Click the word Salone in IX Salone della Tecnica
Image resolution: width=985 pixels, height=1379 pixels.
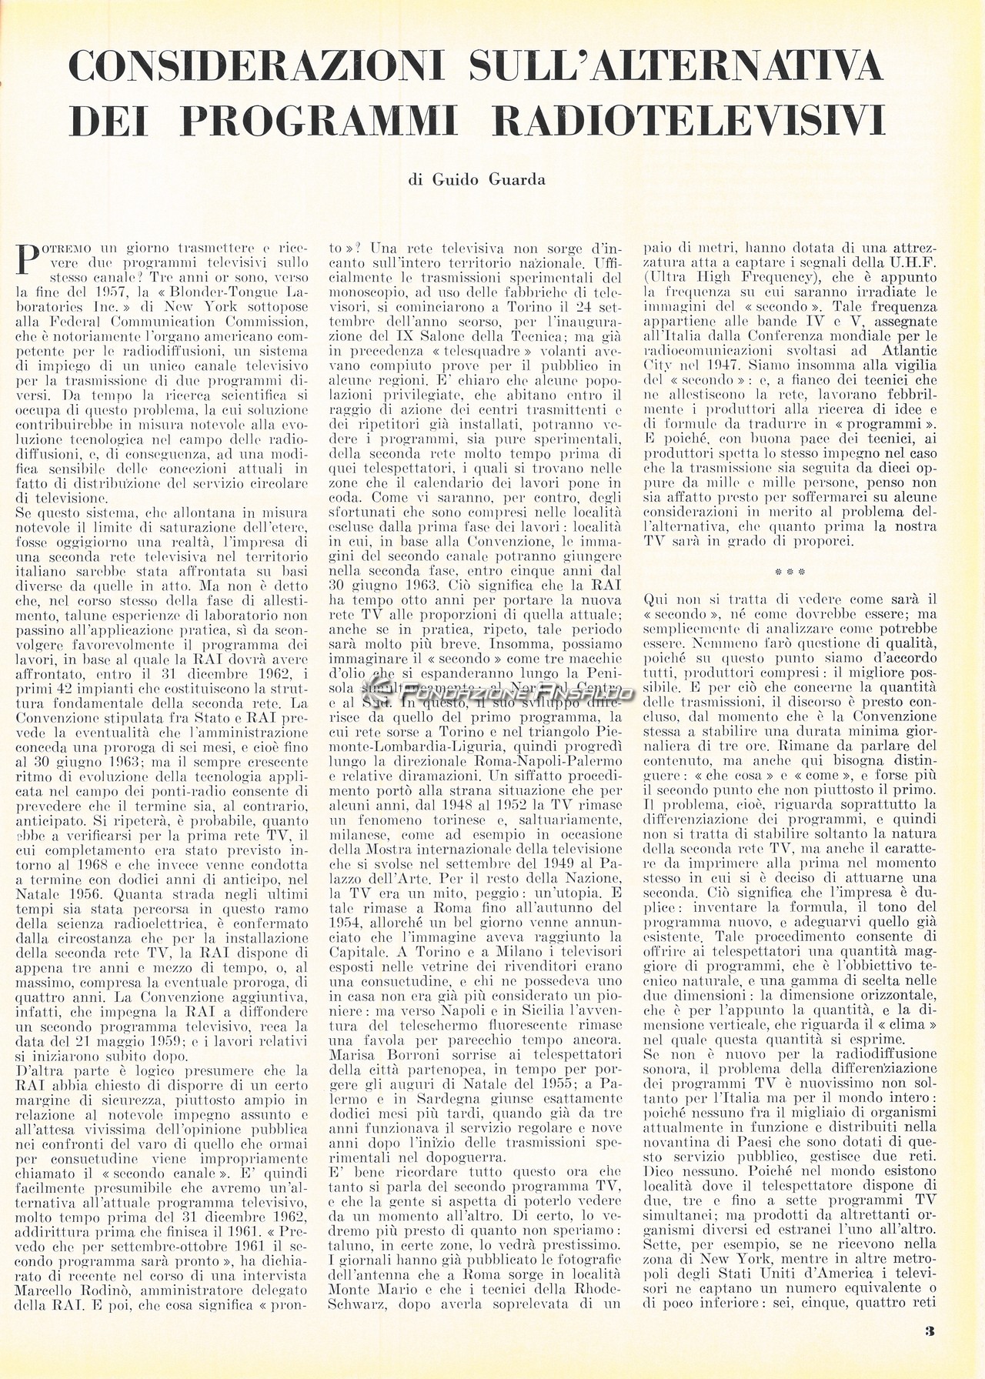coord(422,339)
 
